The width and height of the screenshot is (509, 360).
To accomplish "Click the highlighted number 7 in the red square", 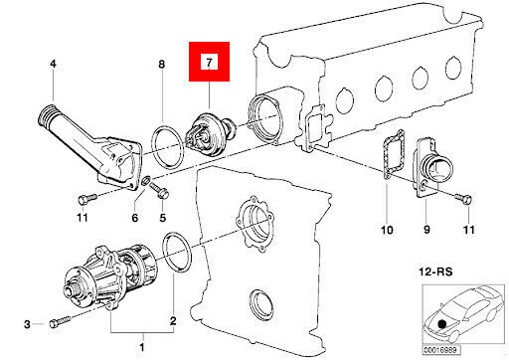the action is click(x=209, y=62).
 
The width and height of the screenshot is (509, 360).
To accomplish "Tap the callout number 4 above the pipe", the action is click(x=54, y=64).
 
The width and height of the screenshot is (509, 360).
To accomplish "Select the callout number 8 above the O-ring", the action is click(x=162, y=64).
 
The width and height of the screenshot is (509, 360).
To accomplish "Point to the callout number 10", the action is click(x=387, y=230).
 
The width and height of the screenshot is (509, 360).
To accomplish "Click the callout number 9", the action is click(x=426, y=230).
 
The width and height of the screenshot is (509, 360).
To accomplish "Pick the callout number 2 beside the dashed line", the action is click(x=173, y=320).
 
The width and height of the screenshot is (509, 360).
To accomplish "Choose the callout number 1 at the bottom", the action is click(x=142, y=347).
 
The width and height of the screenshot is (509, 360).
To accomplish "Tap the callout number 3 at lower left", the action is click(x=27, y=324).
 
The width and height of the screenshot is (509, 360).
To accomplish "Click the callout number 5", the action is click(x=163, y=218).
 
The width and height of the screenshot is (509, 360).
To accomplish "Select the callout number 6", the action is click(x=135, y=218).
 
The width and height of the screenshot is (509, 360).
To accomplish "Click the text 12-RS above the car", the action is click(x=435, y=271).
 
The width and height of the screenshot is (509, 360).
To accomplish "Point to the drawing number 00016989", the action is click(x=441, y=350).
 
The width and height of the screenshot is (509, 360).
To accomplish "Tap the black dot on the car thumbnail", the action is click(x=441, y=323).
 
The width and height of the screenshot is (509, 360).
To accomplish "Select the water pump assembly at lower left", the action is click(x=110, y=275).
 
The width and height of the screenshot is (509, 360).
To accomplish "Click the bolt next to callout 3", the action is click(x=60, y=321).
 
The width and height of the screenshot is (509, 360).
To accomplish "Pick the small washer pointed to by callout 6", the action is click(x=146, y=181).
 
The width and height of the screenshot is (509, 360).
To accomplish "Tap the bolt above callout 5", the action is click(x=160, y=190).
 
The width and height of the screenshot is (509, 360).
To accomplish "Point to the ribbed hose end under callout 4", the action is click(x=46, y=115).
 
